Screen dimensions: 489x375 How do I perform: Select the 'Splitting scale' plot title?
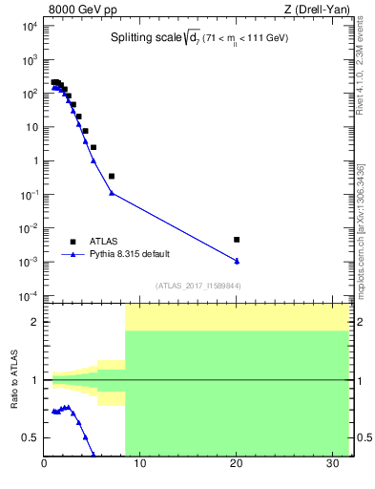(198, 37)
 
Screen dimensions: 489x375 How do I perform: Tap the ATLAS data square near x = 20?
(237, 240)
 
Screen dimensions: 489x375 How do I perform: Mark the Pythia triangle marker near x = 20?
(237, 261)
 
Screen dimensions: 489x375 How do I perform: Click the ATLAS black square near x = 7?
(112, 176)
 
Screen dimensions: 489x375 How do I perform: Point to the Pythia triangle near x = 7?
(112, 193)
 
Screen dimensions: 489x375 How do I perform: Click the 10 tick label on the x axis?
(140, 464)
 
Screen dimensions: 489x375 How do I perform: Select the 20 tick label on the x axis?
(236, 464)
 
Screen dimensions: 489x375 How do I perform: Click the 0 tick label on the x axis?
(45, 464)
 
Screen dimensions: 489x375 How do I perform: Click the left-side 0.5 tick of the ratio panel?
(32, 437)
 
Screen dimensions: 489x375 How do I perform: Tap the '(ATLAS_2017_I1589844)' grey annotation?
(197, 286)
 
